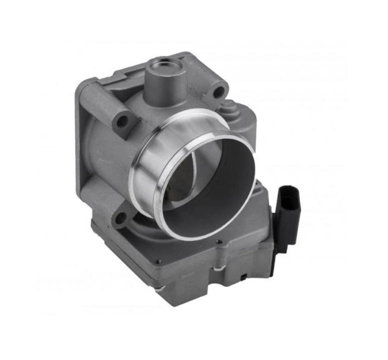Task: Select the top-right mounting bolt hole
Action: [218, 91]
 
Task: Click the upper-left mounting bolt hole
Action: [122, 121]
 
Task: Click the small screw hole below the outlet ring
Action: [220, 242]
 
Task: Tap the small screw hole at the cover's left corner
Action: [159, 262]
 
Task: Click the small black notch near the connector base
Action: [243, 278]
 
